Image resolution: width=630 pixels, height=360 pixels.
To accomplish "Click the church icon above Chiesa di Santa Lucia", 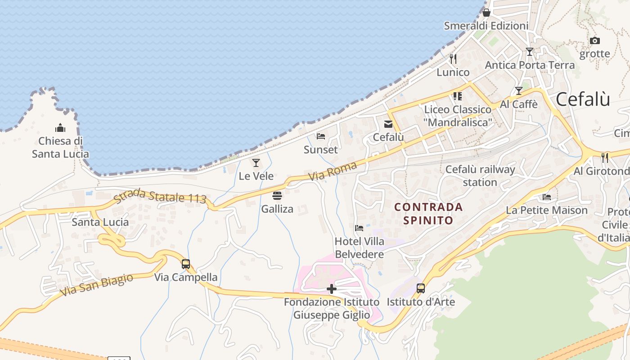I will [x=60, y=128].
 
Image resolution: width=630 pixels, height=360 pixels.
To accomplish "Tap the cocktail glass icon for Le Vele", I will [x=256, y=163].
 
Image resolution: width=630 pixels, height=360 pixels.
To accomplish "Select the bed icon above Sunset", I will [x=320, y=136].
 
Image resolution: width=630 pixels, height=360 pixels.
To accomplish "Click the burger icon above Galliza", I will [x=277, y=196].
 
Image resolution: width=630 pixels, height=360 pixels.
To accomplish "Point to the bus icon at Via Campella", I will [x=185, y=264].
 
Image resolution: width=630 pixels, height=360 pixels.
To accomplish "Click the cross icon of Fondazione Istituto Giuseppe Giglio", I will [x=332, y=288].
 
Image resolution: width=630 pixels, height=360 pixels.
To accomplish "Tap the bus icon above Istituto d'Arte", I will [x=421, y=288].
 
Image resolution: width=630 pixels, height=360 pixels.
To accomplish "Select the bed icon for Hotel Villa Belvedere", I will [x=359, y=228].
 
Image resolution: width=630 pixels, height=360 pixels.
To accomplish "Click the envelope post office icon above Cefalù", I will [x=388, y=124].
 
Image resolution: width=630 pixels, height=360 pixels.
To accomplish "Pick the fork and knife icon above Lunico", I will [x=453, y=59].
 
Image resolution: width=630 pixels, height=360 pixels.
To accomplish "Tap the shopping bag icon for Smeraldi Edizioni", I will [x=486, y=13].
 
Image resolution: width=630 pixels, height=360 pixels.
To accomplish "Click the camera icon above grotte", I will [x=595, y=41].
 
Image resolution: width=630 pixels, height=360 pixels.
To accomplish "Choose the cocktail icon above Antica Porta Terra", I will [x=530, y=52].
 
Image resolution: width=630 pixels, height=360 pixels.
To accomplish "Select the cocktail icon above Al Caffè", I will [x=519, y=91].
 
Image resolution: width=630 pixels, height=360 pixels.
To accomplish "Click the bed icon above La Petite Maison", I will [x=547, y=197].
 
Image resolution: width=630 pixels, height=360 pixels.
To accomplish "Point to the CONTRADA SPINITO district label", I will [x=428, y=213].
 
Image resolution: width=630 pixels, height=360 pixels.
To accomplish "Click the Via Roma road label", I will [x=333, y=171].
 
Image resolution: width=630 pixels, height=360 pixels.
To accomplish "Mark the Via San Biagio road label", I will [x=96, y=284].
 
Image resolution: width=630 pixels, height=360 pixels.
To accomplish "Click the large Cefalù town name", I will [x=583, y=99].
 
